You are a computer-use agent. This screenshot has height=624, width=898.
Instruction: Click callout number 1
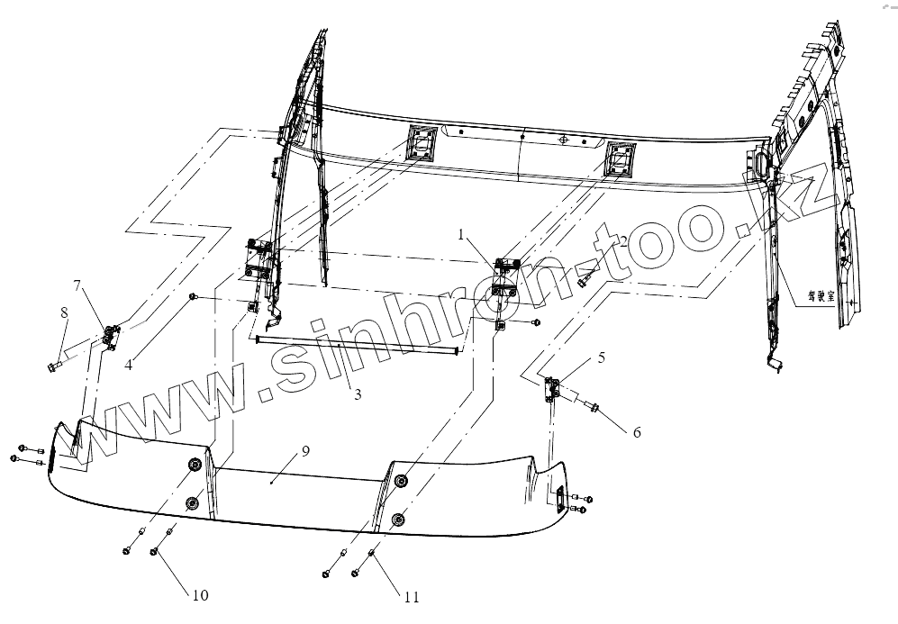[461, 235]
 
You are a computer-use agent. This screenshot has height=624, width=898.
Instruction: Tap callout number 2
[622, 241]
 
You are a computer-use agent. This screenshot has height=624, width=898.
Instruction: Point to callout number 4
[130, 365]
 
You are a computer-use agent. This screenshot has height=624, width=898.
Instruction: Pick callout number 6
[636, 432]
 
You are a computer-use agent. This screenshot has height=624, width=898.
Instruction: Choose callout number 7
[77, 285]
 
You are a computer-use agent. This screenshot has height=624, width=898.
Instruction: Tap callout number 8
[64, 312]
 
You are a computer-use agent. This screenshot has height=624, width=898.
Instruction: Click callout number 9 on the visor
[305, 451]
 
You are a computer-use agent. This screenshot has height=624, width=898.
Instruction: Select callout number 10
[199, 595]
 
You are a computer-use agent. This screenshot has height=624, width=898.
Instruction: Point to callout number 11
[412, 595]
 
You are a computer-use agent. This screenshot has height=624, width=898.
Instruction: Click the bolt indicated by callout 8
[52, 366]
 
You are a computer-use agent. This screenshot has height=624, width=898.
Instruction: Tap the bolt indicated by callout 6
[595, 411]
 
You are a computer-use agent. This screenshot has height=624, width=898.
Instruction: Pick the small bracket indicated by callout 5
[552, 388]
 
